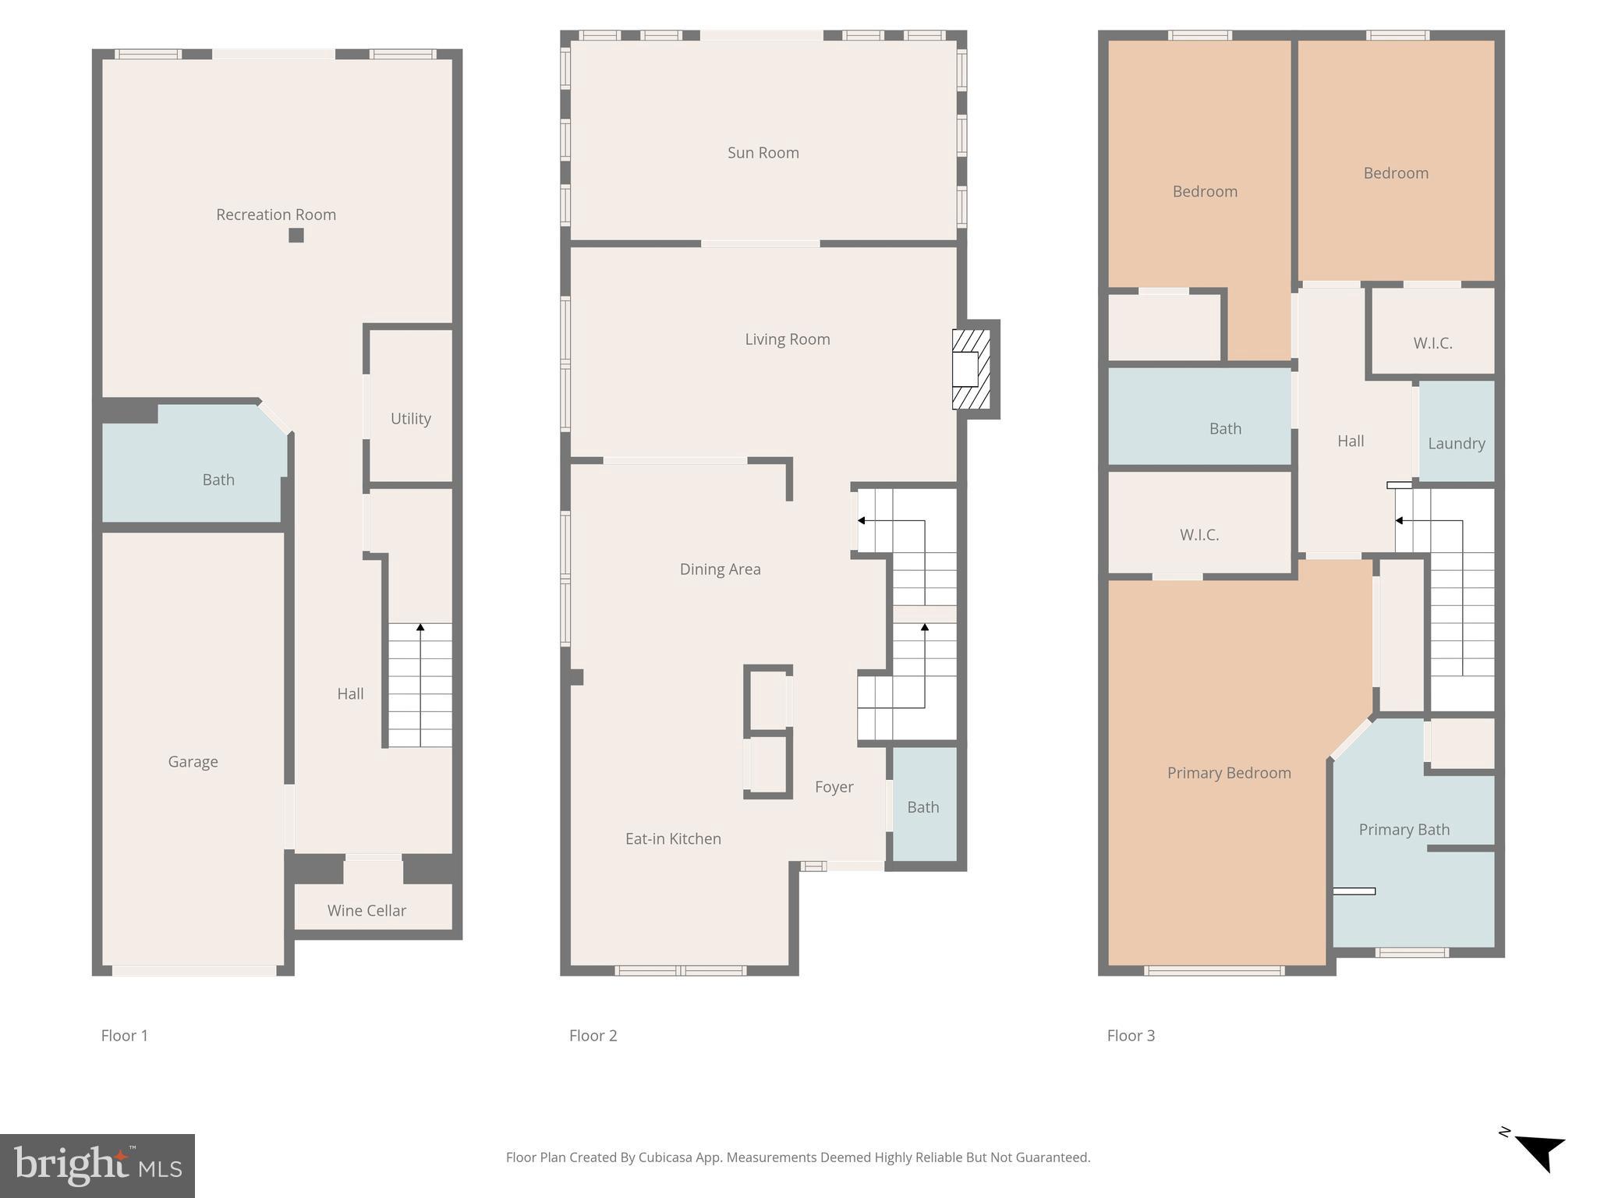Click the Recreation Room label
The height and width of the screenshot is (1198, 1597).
click(276, 214)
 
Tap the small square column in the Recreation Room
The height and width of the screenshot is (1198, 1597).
click(296, 235)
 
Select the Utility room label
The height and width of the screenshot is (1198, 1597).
click(410, 419)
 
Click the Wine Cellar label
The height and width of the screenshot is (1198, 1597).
click(366, 910)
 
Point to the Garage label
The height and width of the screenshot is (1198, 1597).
click(193, 762)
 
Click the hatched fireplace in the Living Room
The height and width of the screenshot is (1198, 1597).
click(971, 370)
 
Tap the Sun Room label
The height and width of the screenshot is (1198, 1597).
click(763, 153)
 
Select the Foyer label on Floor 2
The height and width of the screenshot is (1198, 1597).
click(834, 787)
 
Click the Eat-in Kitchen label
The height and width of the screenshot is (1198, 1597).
click(673, 839)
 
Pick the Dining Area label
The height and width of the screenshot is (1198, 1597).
click(720, 569)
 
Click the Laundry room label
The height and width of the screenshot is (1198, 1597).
click(1456, 444)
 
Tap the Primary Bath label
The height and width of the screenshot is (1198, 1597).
click(1404, 830)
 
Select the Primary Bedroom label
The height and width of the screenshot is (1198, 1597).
click(1228, 773)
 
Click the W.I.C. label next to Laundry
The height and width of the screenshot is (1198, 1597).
click(1432, 343)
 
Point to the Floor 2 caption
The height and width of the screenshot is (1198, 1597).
click(593, 1036)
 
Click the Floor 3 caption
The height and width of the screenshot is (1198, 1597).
click(1131, 1036)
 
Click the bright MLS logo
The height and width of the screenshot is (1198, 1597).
click(97, 1166)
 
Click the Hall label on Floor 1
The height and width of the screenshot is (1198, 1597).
click(350, 694)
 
